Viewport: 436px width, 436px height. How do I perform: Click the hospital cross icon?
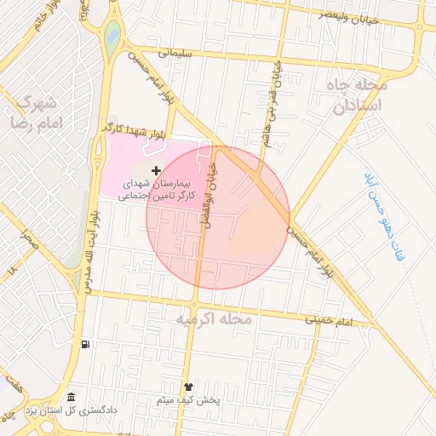click(x=155, y=171)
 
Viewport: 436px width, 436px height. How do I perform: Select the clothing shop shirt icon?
click(x=188, y=386)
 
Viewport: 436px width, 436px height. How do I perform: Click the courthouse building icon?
click(x=71, y=398)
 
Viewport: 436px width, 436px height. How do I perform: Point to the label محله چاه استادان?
click(x=357, y=95)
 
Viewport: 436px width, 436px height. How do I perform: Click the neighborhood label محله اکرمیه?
click(x=214, y=319)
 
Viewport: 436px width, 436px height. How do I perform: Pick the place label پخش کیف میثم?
click(x=189, y=399)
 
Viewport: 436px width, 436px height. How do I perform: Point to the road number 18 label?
click(x=12, y=270)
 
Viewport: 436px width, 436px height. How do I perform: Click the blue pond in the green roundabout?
click(x=112, y=36)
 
